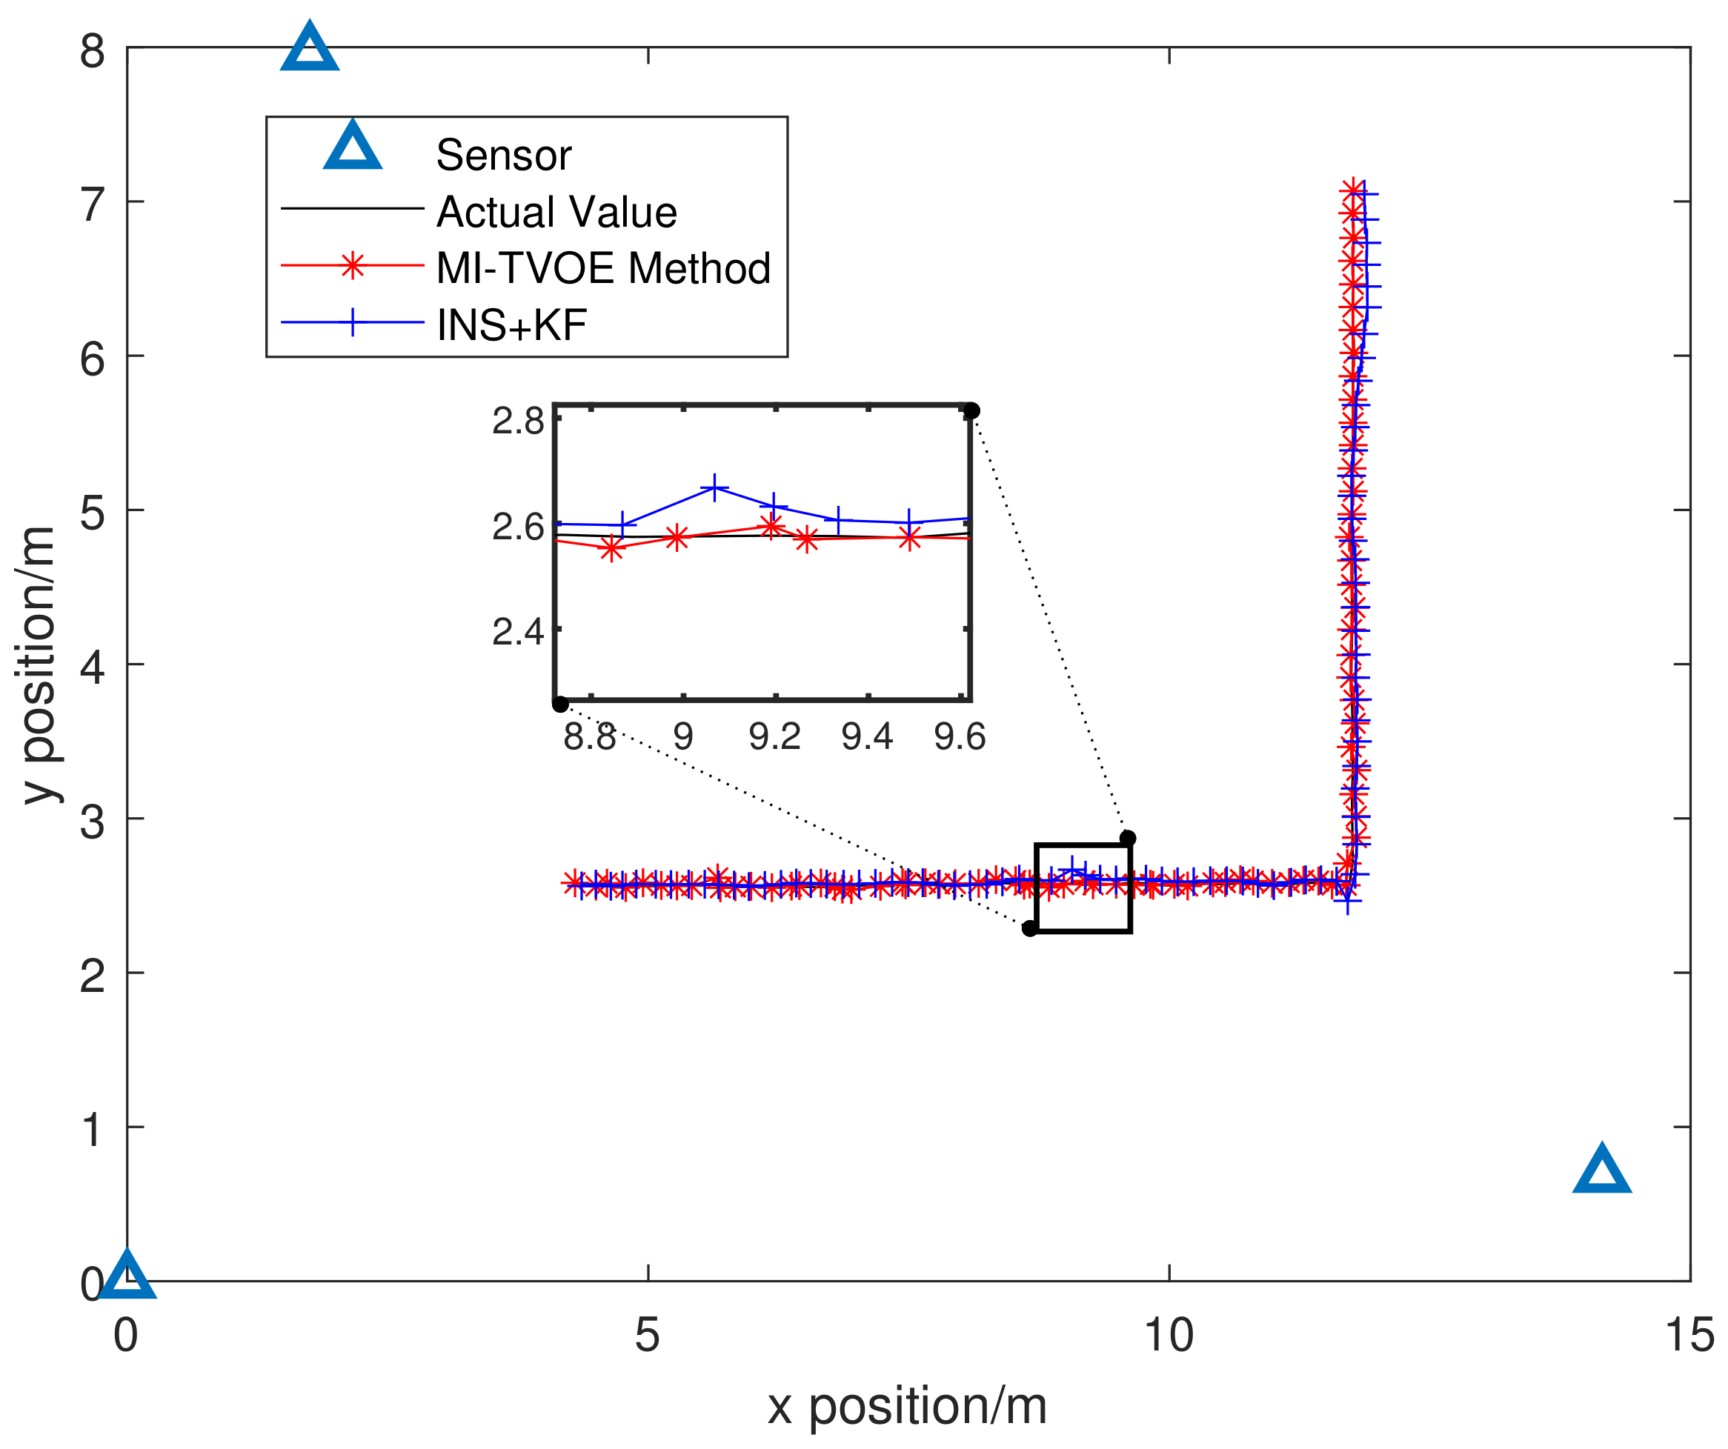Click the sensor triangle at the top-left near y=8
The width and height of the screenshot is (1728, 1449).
point(310,50)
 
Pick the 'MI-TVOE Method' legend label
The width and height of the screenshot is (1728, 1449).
point(602,268)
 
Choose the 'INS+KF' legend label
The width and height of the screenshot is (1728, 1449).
point(511,325)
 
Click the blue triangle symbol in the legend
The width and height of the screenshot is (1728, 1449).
point(352,148)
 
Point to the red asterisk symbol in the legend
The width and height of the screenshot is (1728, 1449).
point(352,266)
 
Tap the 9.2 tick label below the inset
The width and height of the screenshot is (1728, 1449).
point(774,736)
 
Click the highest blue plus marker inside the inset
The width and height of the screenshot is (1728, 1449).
point(715,487)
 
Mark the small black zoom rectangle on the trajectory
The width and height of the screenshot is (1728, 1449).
point(1083,887)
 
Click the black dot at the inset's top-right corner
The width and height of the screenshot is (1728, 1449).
point(971,410)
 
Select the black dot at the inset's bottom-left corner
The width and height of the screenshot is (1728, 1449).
point(560,704)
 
